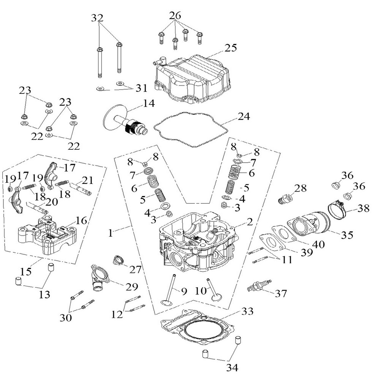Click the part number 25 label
231,48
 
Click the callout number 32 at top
97,17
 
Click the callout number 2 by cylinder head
249,222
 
